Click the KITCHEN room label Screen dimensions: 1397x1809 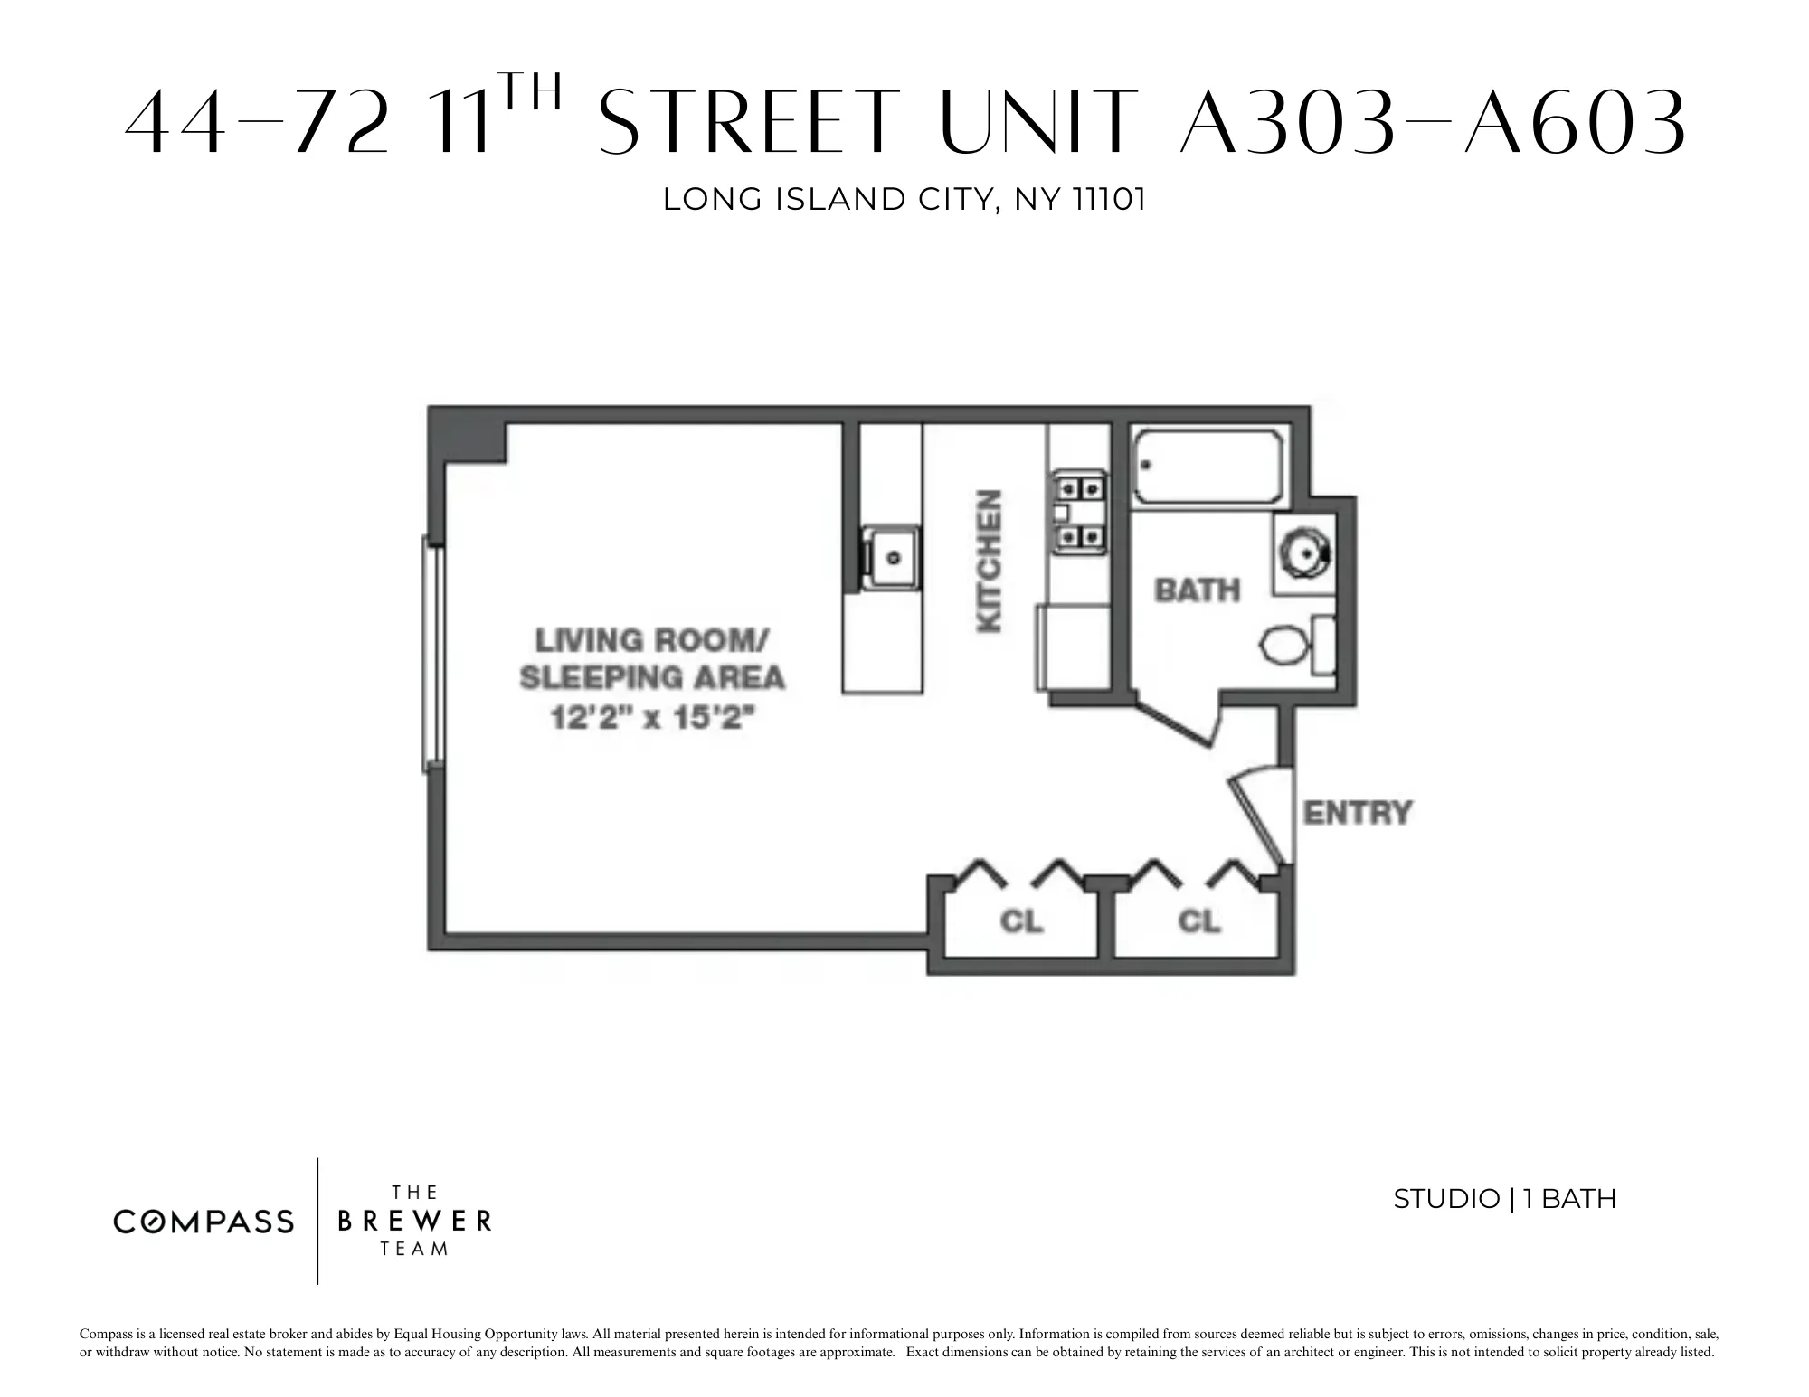pos(990,562)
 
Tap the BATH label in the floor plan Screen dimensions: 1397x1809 pos(1197,590)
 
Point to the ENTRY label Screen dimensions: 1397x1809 pos(1357,813)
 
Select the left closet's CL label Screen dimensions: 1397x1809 pos(1021,921)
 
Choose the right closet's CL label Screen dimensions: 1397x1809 pos(1199,921)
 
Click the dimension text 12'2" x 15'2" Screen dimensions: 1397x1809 pos(651,719)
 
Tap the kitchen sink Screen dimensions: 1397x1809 pos(891,557)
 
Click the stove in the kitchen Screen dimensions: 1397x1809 pos(1079,513)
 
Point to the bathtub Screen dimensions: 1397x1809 pos(1208,467)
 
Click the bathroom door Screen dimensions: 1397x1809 pos(1176,723)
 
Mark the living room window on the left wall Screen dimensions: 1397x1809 pos(432,655)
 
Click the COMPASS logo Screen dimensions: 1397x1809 pos(204,1222)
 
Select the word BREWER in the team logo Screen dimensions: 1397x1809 pos(414,1222)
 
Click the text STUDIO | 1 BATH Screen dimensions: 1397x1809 pos(1504,1199)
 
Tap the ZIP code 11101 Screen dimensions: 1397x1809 pos(1108,200)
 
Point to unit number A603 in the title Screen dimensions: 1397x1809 pos(1575,123)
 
